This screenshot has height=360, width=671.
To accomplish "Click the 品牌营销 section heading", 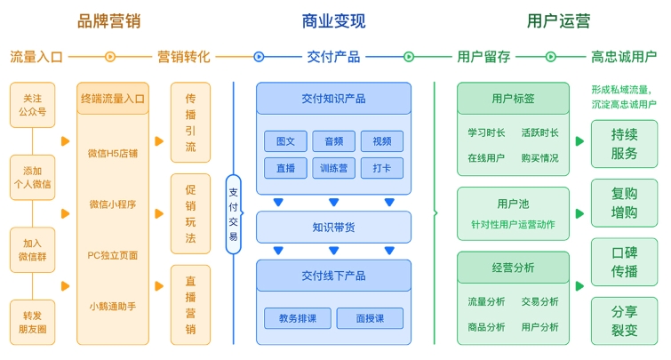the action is click(108, 21).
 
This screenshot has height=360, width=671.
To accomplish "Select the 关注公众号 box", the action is click(33, 105).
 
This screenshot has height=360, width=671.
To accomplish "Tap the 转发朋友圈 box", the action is click(33, 323).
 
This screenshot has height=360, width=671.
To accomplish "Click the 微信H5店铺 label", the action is click(113, 153).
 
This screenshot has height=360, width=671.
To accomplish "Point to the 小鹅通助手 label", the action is click(113, 307).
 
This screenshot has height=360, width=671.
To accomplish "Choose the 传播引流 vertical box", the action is click(190, 123).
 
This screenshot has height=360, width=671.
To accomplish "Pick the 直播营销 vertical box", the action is click(190, 305).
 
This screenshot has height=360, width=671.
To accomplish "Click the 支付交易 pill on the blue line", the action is click(233, 214).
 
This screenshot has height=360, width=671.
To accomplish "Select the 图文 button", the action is click(285, 141).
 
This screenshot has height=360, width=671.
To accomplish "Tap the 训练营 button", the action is click(334, 168).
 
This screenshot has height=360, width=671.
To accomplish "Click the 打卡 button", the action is click(382, 168).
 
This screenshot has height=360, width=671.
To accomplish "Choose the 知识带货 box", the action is click(334, 228).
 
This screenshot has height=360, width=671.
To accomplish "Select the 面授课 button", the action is click(370, 318).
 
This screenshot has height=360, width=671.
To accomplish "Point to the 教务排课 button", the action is click(298, 318).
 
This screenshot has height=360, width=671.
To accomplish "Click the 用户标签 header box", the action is click(513, 99).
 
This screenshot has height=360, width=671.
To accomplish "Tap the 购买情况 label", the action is click(539, 158).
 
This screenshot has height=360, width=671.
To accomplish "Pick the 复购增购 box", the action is click(625, 203).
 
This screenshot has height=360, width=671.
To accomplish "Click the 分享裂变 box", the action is click(625, 321).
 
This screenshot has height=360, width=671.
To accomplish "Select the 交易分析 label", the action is click(539, 302).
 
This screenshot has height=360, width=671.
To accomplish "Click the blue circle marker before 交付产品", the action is click(259, 57).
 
